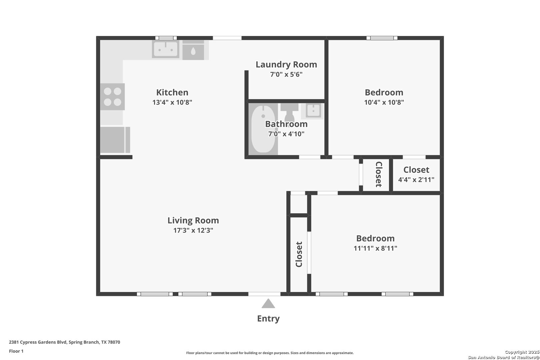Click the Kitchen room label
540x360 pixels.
pyautogui.click(x=172, y=92)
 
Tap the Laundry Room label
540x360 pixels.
pyautogui.click(x=286, y=65)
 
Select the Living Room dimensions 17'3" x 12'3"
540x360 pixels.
pyautogui.click(x=193, y=230)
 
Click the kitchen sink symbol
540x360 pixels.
pyautogui.click(x=166, y=49)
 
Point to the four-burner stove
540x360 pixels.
pyautogui.click(x=112, y=97)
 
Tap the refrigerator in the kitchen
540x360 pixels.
pyautogui.click(x=115, y=140)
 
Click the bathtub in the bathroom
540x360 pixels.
pyautogui.click(x=263, y=129)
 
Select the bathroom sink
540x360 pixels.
pyautogui.click(x=313, y=111)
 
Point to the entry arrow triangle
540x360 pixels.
pyautogui.click(x=268, y=304)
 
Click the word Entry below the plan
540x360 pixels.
pyautogui.click(x=268, y=319)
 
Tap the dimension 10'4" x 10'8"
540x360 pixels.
pyautogui.click(x=384, y=102)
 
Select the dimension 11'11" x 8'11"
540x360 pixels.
pyautogui.click(x=375, y=248)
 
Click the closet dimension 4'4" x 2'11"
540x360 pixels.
pyautogui.click(x=416, y=180)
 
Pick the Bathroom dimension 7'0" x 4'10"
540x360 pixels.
pyautogui.click(x=286, y=134)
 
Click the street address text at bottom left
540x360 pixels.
pyautogui.click(x=64, y=342)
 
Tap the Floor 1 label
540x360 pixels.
pyautogui.click(x=16, y=351)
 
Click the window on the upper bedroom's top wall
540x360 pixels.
pyautogui.click(x=382, y=38)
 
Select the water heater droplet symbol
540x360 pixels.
pyautogui.click(x=193, y=51)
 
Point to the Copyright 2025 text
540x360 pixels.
pyautogui.click(x=522, y=352)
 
